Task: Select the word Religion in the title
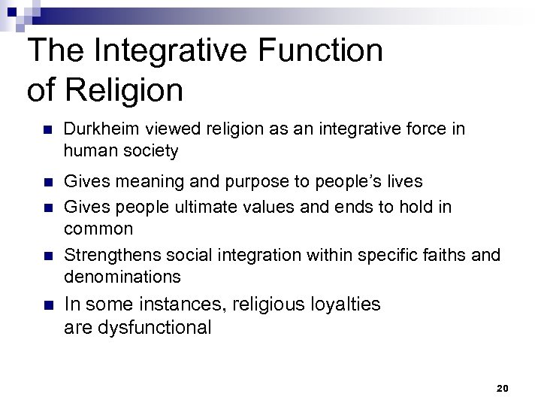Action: coord(125,90)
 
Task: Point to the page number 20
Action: coord(503,388)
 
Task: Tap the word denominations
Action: coord(122,277)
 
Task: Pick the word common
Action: coord(98,228)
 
